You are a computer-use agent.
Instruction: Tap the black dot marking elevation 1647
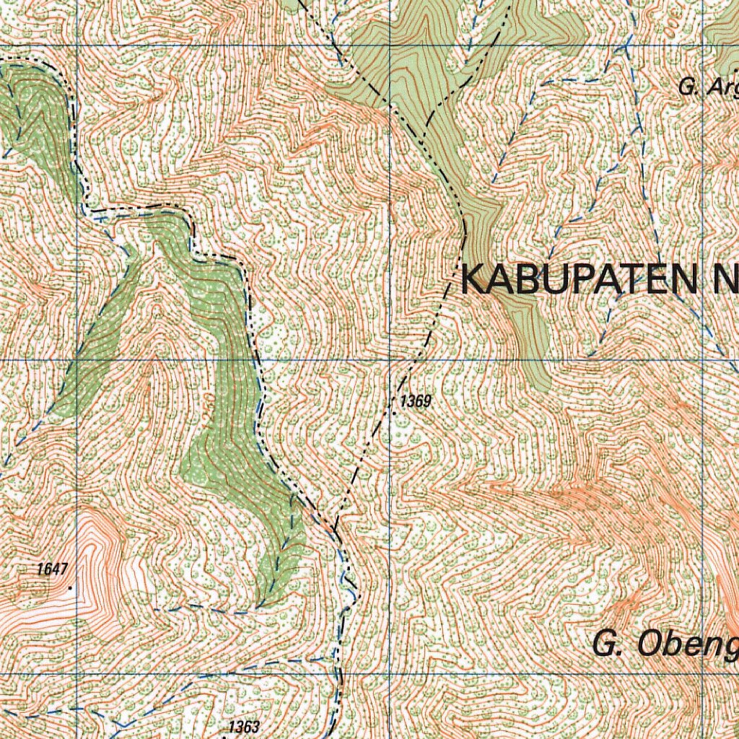coord(70,589)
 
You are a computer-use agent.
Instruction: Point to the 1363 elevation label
coord(243,727)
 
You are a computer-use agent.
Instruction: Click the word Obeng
coord(685,644)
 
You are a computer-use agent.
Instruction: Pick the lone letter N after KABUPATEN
coord(726,280)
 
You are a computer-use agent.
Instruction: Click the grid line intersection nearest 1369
coord(390,359)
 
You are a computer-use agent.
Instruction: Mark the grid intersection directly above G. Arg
coord(703,45)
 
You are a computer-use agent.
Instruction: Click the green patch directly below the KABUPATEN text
coord(534,339)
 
